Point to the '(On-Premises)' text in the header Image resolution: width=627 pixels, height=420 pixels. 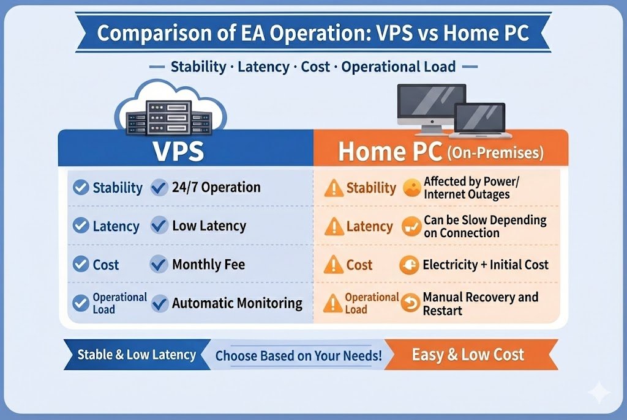(x=495, y=152)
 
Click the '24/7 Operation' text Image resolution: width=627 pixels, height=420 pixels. (x=216, y=187)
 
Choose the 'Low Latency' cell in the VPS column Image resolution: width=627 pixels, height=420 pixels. (x=209, y=226)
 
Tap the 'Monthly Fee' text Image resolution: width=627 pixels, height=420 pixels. (x=208, y=265)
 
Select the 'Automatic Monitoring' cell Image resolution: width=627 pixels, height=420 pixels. (x=237, y=303)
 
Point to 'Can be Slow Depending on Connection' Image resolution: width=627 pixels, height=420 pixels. (x=484, y=226)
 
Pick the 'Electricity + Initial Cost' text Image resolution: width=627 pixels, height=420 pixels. (x=486, y=265)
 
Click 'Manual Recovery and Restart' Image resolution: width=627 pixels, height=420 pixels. (x=480, y=303)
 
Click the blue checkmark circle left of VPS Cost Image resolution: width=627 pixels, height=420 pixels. (x=81, y=265)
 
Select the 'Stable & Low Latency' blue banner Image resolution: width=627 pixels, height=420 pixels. (x=136, y=355)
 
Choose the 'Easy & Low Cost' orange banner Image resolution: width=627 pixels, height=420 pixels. (x=468, y=355)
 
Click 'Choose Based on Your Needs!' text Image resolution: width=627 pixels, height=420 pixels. (x=299, y=355)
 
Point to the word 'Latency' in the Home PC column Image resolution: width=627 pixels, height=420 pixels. (x=369, y=227)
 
